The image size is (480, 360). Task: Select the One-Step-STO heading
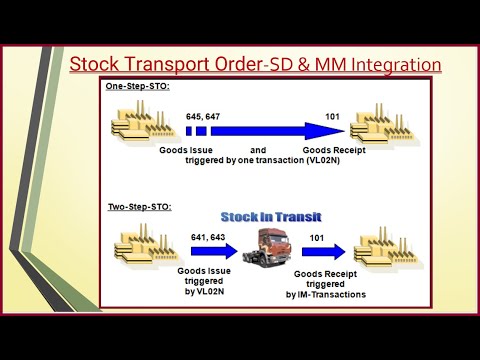click(x=138, y=87)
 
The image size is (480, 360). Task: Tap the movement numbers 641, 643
click(x=205, y=236)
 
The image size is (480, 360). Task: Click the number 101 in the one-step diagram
click(x=332, y=116)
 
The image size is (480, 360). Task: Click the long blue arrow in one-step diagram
click(x=270, y=131)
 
